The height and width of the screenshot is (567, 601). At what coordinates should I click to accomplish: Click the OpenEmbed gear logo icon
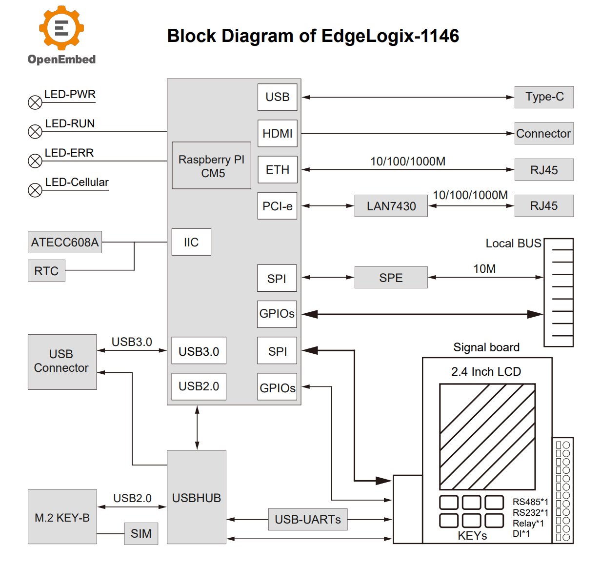click(61, 28)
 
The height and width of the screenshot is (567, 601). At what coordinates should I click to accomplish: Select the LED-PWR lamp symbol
click(35, 102)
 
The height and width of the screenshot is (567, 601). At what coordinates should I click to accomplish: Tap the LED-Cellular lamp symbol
click(35, 190)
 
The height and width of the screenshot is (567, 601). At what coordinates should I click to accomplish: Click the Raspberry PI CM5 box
click(211, 166)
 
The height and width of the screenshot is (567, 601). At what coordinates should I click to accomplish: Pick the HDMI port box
click(277, 133)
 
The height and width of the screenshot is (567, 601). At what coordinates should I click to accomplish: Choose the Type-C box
click(544, 97)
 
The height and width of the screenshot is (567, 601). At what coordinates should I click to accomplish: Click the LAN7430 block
click(391, 206)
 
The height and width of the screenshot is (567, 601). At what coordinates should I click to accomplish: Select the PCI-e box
click(277, 206)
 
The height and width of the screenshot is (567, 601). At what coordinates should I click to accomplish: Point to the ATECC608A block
click(65, 242)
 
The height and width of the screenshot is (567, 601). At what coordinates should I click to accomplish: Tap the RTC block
click(46, 271)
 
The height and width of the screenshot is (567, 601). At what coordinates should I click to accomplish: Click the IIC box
click(191, 242)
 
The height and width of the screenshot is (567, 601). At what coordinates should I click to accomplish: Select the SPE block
click(391, 278)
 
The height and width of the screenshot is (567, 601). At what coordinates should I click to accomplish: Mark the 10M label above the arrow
click(484, 269)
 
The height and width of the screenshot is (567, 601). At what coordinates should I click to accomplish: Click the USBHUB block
click(197, 497)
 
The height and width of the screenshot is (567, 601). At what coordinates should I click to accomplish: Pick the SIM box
click(141, 533)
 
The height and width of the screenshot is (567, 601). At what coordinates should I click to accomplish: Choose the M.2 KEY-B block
click(62, 517)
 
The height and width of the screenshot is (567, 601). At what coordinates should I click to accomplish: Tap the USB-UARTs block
click(308, 520)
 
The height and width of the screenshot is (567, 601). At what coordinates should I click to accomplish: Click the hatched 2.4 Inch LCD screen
click(487, 437)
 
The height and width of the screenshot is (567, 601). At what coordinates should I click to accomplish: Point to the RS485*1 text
click(530, 502)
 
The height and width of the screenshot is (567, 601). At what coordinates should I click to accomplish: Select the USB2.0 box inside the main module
click(199, 386)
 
